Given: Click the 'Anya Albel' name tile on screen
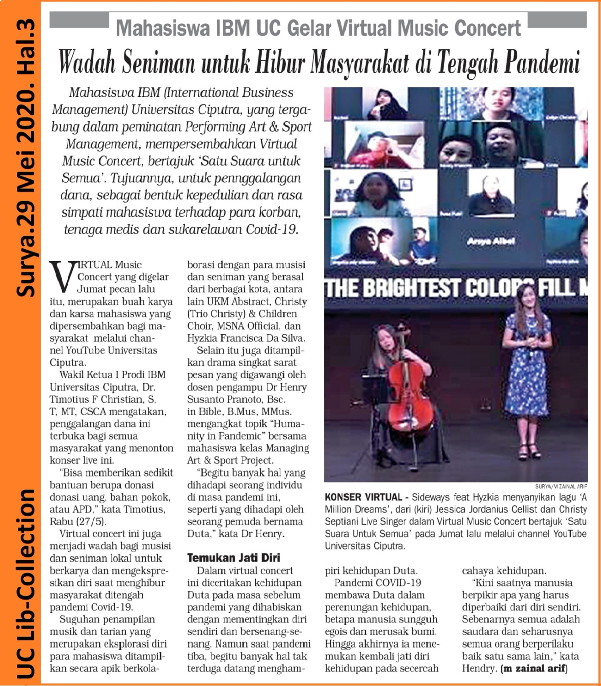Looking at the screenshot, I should click(x=491, y=241).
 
